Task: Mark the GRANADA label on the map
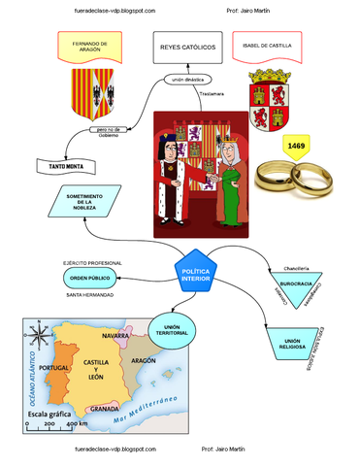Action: [x=104, y=409]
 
